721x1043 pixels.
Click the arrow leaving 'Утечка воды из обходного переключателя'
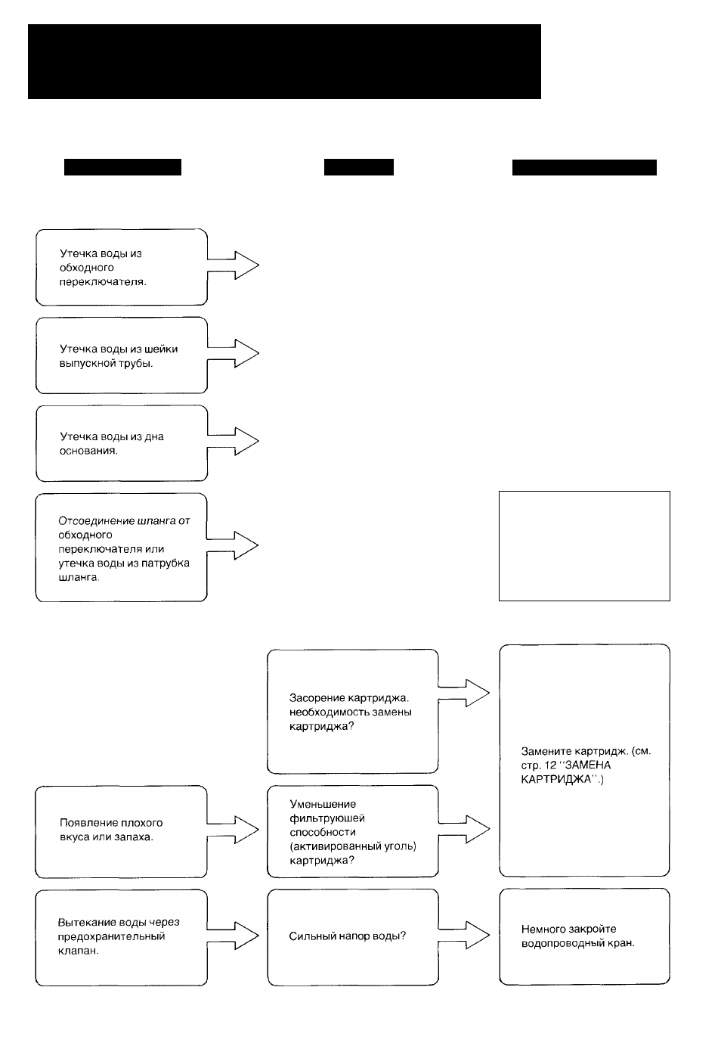[233, 265]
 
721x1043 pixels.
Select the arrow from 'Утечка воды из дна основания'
[233, 442]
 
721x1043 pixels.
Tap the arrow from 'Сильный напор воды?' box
[464, 936]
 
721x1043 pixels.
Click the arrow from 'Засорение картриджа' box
[464, 694]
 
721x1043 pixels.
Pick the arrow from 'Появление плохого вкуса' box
[233, 830]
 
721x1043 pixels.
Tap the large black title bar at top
[284, 61]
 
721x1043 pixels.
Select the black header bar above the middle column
[359, 167]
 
